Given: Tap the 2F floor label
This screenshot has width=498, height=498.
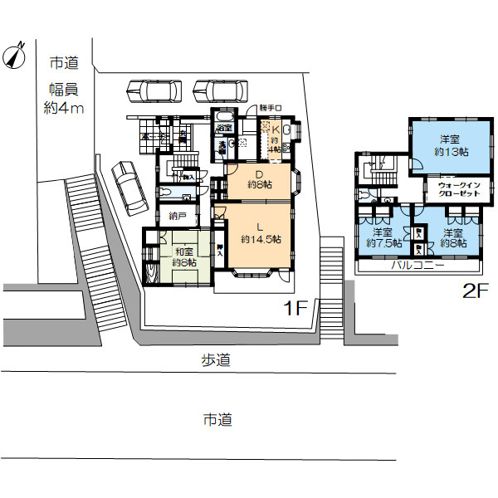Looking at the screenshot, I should point(476,291).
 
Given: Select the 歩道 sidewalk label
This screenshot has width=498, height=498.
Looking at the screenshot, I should point(216,360).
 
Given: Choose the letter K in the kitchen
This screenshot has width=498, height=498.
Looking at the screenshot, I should point(275,129).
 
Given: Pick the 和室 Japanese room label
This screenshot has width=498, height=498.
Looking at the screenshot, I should point(183,251).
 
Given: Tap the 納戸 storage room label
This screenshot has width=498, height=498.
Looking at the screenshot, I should point(177,218).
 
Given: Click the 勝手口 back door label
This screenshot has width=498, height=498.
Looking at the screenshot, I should point(271,108).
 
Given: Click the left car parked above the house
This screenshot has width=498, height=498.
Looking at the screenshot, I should point(155,89).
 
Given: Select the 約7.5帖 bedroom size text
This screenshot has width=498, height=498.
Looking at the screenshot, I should point(383,244).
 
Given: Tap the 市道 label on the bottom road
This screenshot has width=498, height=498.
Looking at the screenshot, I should point(217,420).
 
